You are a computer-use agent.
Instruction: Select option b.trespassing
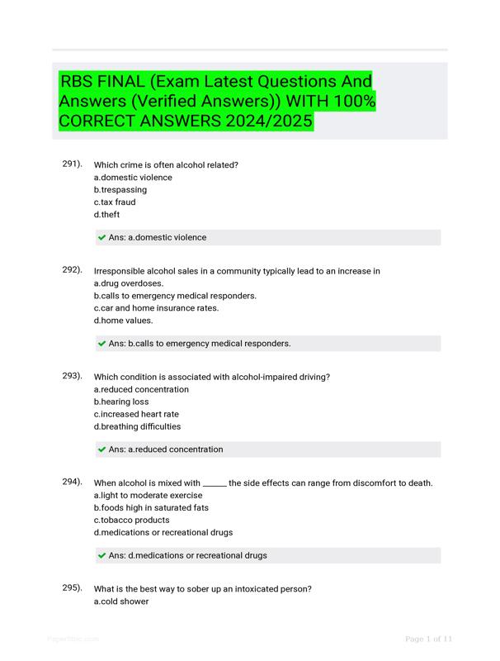[x=120, y=190]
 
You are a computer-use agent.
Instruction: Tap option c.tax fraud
[x=115, y=202]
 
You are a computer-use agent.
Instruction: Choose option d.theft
[x=106, y=215]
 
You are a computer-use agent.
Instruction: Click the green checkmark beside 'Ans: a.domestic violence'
[x=101, y=238]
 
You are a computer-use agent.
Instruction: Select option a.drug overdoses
[x=129, y=283]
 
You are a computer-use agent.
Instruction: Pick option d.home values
[x=123, y=321]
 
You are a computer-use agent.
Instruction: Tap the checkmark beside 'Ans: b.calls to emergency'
[x=101, y=344]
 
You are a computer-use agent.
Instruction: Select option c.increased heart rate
[x=136, y=415]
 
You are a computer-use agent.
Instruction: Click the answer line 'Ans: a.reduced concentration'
[x=166, y=449]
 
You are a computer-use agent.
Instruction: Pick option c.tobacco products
[x=131, y=521]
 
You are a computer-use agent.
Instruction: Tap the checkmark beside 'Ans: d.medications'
[x=101, y=556]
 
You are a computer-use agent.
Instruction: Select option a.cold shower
[x=121, y=602]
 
